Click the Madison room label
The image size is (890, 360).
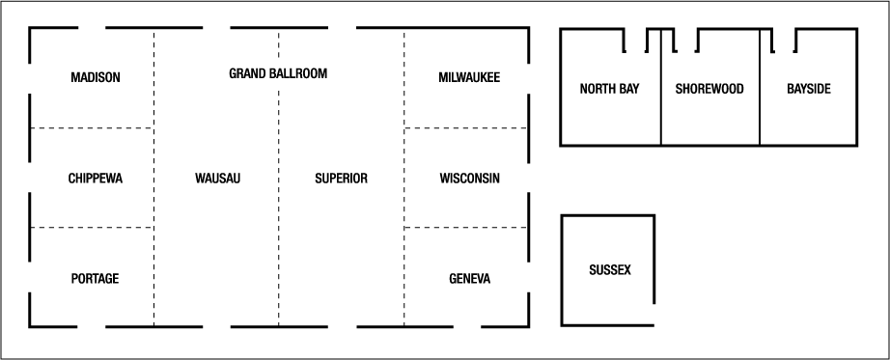(96, 77)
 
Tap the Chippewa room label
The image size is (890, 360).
(96, 179)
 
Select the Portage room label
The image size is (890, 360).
(96, 279)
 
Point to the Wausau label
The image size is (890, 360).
(217, 179)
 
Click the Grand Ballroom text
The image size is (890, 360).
(278, 73)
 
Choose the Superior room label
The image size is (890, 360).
(342, 179)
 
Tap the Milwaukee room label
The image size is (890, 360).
(469, 77)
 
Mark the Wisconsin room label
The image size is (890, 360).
(469, 179)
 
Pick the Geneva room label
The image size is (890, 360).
(469, 279)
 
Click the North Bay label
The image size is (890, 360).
(610, 89)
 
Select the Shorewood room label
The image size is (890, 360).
(709, 89)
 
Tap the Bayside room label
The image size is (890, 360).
(809, 89)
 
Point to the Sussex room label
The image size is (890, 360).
(609, 270)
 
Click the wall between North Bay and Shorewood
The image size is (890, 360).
(660, 106)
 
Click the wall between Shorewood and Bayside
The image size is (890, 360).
(760, 106)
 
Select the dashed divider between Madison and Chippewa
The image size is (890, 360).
(92, 127)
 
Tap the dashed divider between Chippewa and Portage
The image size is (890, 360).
(92, 228)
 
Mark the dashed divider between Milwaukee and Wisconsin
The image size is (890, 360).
(466, 127)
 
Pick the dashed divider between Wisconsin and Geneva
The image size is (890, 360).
(466, 228)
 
